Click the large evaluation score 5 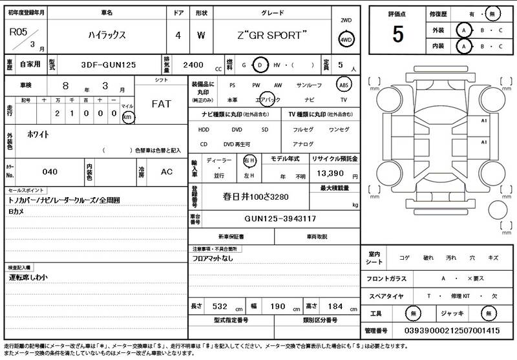coord(397,33)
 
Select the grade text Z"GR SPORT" coord(272,35)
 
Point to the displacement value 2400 coord(193,65)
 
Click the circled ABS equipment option coord(344,85)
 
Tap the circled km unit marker coord(127,117)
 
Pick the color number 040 coord(50,172)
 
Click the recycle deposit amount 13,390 coord(330,175)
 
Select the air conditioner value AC coord(166,172)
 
